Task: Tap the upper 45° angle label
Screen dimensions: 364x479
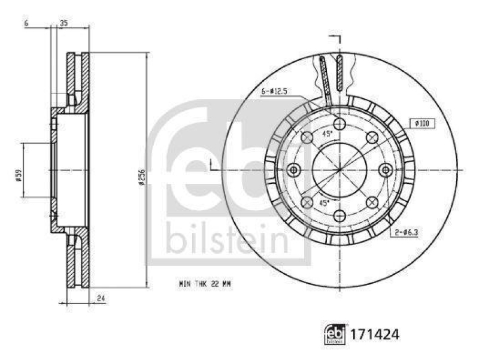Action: [x=329, y=134]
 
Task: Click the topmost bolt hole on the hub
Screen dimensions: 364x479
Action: [x=339, y=124]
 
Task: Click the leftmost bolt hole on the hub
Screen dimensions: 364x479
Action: [x=293, y=170]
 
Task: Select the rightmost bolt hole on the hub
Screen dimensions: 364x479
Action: [x=386, y=170]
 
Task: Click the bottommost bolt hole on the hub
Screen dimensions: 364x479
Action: [x=339, y=216]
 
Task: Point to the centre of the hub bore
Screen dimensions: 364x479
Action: [x=339, y=170]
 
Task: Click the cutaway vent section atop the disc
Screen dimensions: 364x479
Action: [x=331, y=75]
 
